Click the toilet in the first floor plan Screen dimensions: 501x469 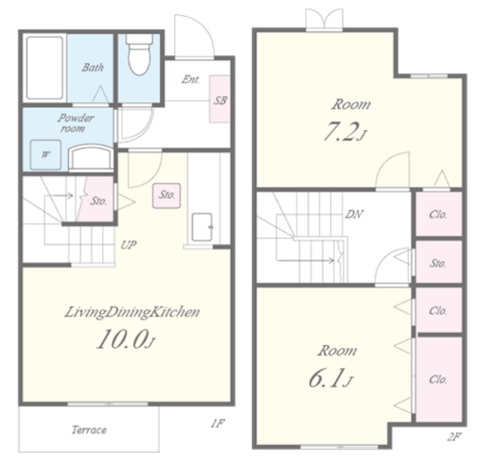click(x=139, y=54)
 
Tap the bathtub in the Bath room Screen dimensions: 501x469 click(x=45, y=68)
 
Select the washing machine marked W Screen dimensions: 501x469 click(x=46, y=154)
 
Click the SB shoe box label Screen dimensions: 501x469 click(x=220, y=100)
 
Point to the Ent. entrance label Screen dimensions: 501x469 click(x=191, y=79)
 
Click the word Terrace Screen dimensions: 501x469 click(x=89, y=429)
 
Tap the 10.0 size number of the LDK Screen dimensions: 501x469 click(x=122, y=339)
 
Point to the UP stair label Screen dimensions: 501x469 click(x=129, y=245)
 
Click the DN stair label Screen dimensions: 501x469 click(x=353, y=214)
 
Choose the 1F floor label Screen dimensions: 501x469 click(x=218, y=424)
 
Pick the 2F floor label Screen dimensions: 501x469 click(x=454, y=437)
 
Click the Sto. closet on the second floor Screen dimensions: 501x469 click(x=439, y=262)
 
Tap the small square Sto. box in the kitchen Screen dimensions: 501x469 click(x=167, y=195)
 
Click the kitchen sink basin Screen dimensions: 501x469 click(x=202, y=228)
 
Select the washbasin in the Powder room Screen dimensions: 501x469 click(x=91, y=157)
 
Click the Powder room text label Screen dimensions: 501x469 click(x=74, y=123)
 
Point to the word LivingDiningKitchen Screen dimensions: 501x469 click(x=132, y=312)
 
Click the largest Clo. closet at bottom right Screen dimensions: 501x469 click(x=439, y=379)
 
